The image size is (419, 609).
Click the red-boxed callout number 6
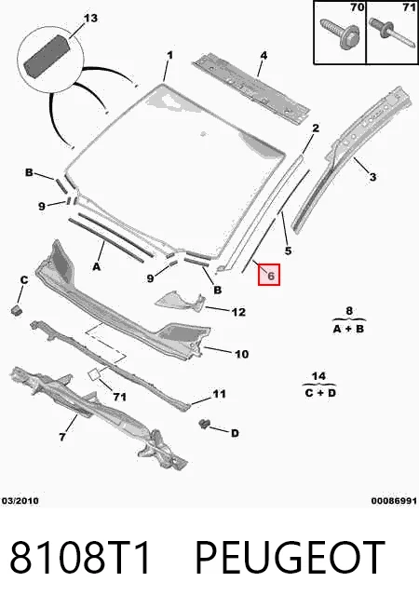269,275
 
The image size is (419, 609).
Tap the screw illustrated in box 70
340,34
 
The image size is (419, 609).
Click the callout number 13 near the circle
91,18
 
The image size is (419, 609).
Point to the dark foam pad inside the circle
47,55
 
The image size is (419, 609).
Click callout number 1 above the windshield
169,56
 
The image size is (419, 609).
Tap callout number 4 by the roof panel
264,56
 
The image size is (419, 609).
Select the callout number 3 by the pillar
372,177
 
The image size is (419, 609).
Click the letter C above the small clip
24,279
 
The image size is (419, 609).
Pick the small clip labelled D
204,424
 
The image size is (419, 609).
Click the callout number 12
238,312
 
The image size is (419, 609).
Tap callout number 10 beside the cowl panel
241,354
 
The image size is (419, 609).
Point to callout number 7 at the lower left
62,437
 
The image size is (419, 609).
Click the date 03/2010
20,501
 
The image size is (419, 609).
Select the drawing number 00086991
394,501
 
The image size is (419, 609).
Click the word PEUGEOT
291,558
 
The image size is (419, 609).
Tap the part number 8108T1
80,558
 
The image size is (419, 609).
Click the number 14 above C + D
318,376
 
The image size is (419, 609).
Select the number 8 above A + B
349,311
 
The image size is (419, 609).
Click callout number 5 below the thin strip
288,250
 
